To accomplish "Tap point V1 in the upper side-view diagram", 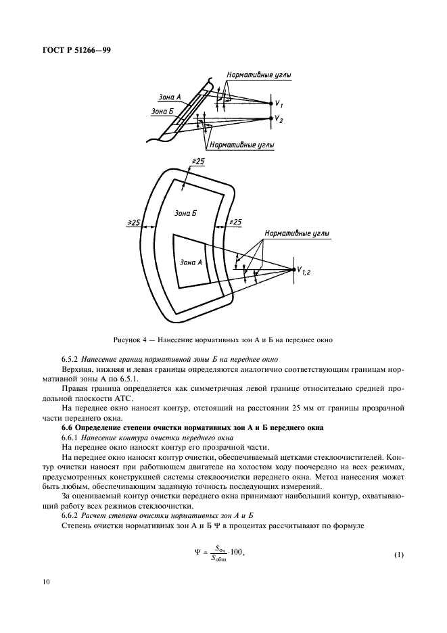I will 270,103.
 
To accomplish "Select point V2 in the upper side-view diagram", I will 270,118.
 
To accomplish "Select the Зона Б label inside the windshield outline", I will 185,213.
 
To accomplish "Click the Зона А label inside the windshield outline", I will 191,261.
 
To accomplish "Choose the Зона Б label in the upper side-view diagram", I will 163,111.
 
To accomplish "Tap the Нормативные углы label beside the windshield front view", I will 297,233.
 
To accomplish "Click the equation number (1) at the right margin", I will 398,556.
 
